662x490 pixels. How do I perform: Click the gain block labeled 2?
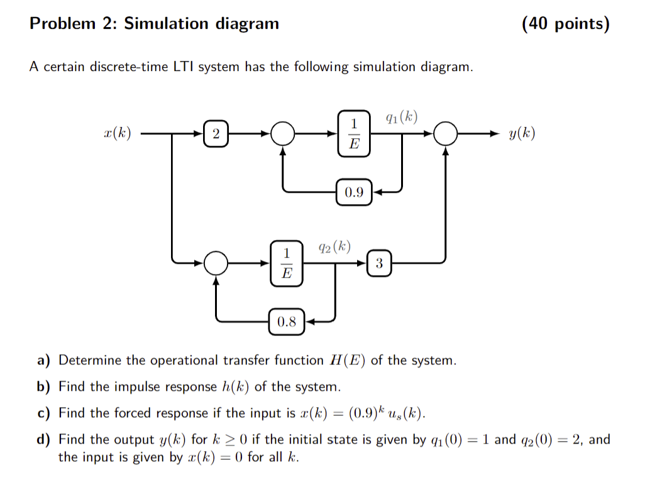click(x=216, y=133)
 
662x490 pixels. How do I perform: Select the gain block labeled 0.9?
click(x=354, y=192)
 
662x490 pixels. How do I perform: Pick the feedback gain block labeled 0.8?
click(x=287, y=322)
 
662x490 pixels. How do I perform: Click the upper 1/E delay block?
click(x=354, y=133)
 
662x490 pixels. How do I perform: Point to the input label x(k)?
click(x=117, y=133)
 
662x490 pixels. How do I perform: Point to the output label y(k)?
click(x=522, y=133)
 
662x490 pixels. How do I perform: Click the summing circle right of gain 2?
click(x=282, y=133)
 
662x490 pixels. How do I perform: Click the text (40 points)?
click(x=565, y=24)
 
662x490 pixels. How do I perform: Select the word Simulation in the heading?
click(x=167, y=24)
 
